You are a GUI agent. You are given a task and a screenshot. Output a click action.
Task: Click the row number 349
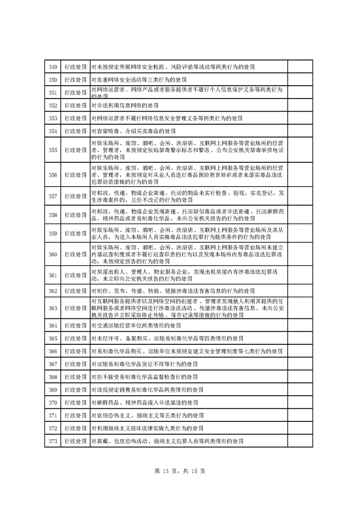(53, 67)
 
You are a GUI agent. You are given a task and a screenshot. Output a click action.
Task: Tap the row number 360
(53, 254)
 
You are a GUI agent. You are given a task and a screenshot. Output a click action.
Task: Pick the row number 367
(53, 364)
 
